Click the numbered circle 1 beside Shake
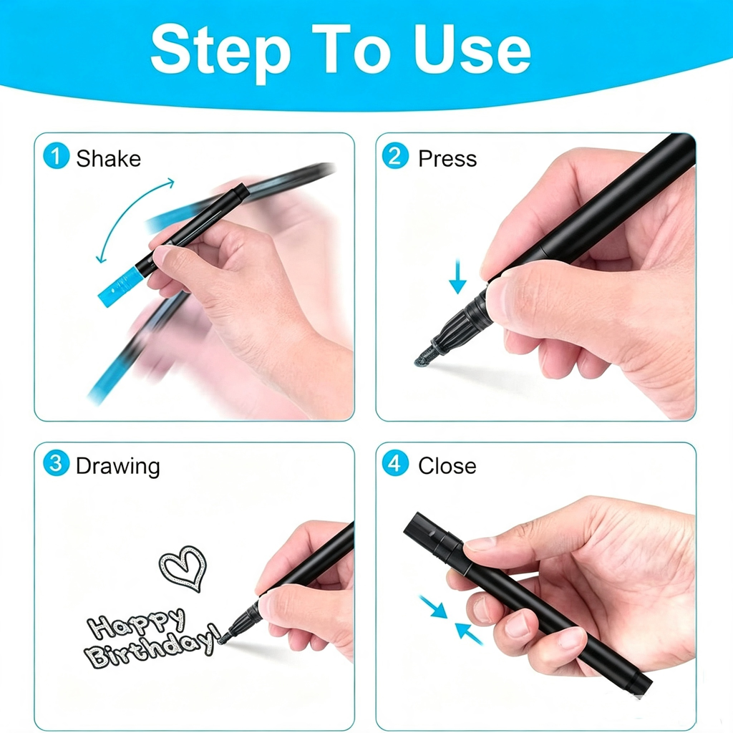point(56,155)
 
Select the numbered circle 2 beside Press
point(395,155)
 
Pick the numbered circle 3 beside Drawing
point(56,463)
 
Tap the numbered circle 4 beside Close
point(395,463)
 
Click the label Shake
point(109,158)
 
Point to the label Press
point(447,158)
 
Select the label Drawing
point(118,467)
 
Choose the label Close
point(447,466)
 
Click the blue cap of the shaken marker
point(120,287)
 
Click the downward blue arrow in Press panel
point(457,277)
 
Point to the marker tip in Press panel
point(424,354)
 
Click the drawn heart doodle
point(183,568)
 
